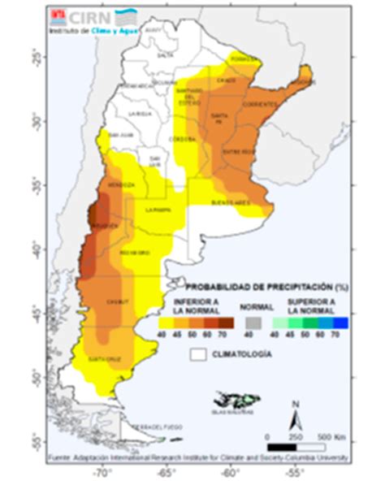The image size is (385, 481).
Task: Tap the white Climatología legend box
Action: (x=197, y=354)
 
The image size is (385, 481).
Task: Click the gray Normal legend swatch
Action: (x=251, y=322)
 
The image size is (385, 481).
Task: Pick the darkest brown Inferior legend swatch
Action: (x=225, y=322)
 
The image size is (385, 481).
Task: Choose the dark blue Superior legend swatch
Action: (x=341, y=322)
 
